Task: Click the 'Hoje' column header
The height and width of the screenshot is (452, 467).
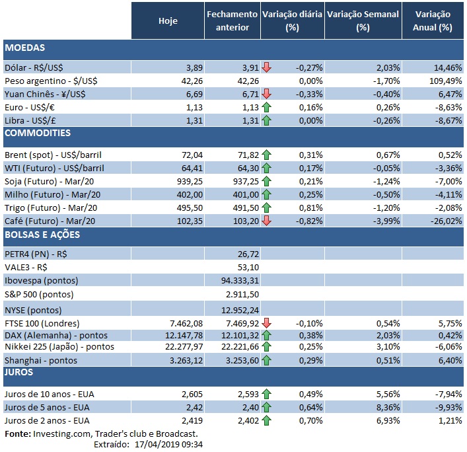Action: [x=168, y=20]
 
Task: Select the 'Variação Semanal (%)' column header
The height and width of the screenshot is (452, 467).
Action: [x=363, y=20]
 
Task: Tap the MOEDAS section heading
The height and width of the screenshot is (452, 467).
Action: [x=24, y=48]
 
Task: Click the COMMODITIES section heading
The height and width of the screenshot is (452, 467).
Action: [x=37, y=133]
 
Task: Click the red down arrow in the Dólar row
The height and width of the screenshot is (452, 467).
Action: [x=266, y=67]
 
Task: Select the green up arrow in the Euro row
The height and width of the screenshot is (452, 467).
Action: [x=266, y=107]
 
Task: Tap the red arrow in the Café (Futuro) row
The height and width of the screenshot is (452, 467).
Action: [x=266, y=221]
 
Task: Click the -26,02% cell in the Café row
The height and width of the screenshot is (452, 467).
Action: [x=444, y=221]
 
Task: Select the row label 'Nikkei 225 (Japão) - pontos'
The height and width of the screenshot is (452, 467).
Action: [x=59, y=346]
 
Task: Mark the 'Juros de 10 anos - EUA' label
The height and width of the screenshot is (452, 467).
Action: [x=47, y=394]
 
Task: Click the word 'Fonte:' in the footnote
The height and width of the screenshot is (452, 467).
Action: [x=18, y=433]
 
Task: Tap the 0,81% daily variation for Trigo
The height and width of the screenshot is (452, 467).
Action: [x=309, y=207]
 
